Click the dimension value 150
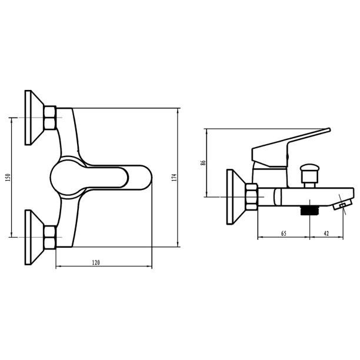point(8,177)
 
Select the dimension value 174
point(174,177)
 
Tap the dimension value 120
point(96,262)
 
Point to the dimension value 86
point(202,163)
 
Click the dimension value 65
point(283,234)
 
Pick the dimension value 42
point(326,234)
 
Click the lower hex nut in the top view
point(50,236)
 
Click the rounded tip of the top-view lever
point(147,177)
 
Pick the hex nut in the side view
point(252,196)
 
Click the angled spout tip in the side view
point(341,205)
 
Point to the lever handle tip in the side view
point(326,130)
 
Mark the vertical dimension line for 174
point(179,177)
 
